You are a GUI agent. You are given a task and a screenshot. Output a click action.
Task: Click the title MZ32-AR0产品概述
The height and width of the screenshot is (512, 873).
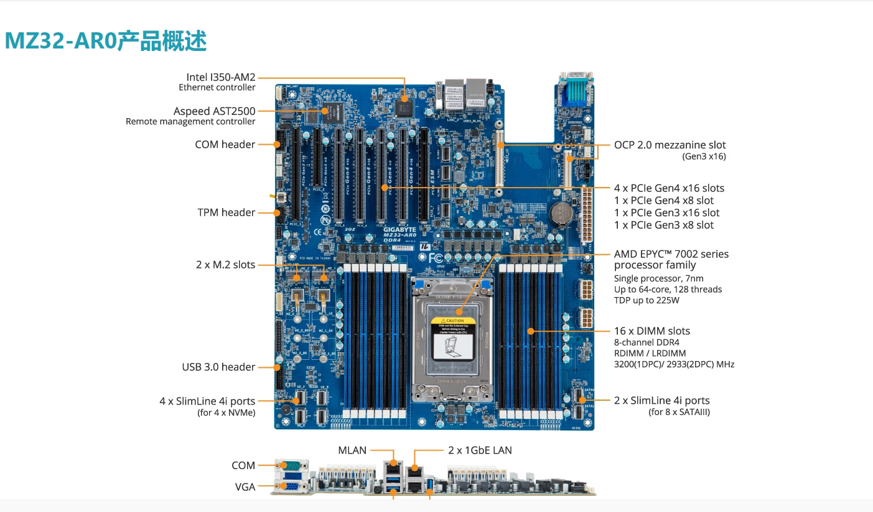(106, 41)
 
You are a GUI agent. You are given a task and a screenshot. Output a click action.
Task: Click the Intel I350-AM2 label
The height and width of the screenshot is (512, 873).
(220, 78)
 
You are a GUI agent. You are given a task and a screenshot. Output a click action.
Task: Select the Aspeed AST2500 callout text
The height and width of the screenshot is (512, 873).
(214, 111)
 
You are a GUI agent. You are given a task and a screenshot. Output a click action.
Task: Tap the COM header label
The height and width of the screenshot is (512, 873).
(225, 144)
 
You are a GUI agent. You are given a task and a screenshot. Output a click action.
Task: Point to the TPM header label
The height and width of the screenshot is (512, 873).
(226, 213)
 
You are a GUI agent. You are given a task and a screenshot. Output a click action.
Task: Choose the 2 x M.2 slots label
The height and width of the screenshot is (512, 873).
(225, 265)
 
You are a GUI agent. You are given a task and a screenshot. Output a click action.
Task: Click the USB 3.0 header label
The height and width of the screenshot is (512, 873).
(218, 367)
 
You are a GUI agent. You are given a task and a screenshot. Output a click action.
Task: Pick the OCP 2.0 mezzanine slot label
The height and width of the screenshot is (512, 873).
(670, 145)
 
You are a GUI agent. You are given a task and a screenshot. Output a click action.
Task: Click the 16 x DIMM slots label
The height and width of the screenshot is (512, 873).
(651, 331)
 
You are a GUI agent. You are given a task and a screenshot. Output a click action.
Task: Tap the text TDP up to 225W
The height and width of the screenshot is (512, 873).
(647, 301)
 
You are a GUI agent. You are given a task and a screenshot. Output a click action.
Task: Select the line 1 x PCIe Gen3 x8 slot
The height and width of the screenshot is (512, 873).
(664, 225)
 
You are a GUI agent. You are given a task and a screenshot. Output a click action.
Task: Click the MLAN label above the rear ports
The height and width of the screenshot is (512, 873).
(352, 450)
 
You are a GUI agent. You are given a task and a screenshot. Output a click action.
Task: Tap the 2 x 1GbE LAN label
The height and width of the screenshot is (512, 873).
(480, 450)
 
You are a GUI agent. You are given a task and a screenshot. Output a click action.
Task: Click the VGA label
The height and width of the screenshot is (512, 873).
(245, 487)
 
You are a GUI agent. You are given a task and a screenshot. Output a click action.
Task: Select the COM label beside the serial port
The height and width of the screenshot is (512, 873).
(243, 465)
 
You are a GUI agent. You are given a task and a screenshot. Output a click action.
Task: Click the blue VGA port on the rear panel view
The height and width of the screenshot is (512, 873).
(290, 487)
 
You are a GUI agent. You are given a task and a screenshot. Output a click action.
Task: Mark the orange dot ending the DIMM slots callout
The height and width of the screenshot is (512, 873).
(531, 331)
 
